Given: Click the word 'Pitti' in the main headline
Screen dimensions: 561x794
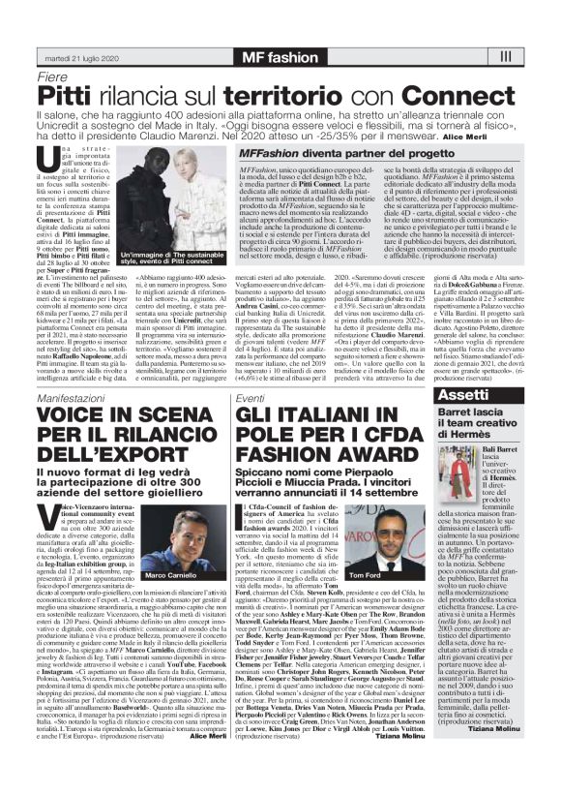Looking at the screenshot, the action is [68, 95].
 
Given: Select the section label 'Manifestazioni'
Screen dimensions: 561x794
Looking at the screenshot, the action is [74, 399].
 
